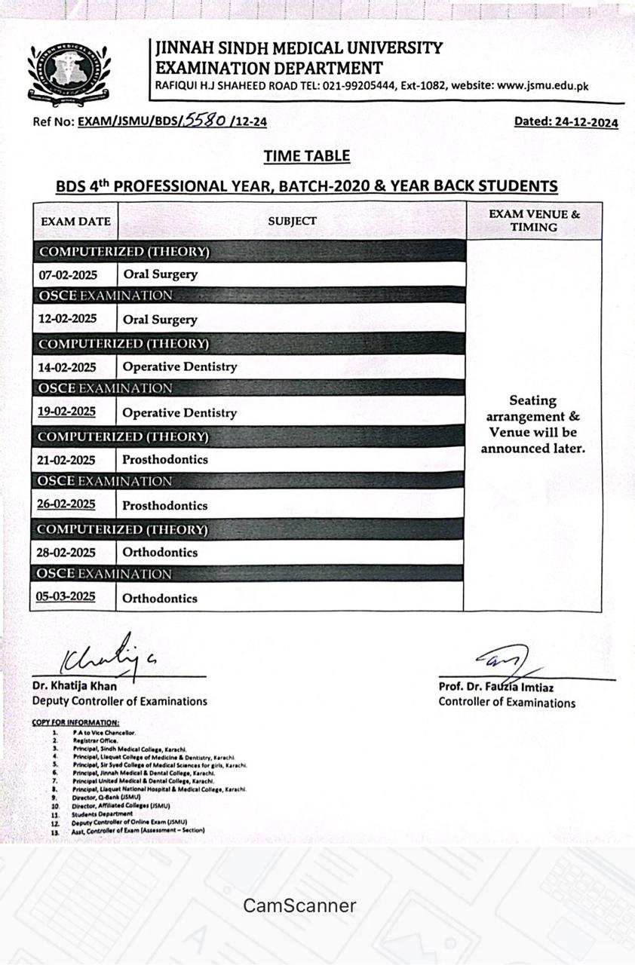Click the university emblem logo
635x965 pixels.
tap(68, 72)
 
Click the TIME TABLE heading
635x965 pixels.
tap(306, 156)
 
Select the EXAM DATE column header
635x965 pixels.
tap(75, 222)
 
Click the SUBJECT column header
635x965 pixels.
tap(292, 221)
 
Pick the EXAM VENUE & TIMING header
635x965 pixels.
tap(534, 220)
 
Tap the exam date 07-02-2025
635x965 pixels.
tap(68, 275)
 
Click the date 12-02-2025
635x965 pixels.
tap(68, 319)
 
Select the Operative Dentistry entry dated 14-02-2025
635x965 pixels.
tap(179, 367)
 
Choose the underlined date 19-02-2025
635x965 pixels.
tap(66, 412)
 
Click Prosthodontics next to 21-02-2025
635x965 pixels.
tap(165, 459)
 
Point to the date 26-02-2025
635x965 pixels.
tap(66, 504)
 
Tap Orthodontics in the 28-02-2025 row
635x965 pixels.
tap(160, 552)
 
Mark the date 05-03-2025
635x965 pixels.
tap(66, 597)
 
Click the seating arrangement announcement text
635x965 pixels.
tap(533, 424)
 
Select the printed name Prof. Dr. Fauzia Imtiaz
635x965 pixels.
tap(495, 687)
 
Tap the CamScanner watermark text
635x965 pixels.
tap(299, 905)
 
